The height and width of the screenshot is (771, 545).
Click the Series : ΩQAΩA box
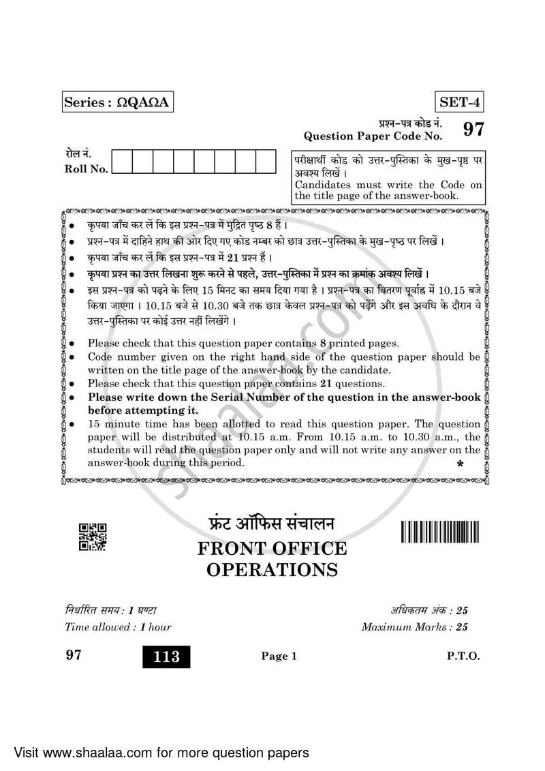115,103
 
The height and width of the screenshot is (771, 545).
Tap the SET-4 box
459,103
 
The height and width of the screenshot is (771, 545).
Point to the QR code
93,536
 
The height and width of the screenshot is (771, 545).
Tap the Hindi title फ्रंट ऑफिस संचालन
272,525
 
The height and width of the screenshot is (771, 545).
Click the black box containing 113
166,656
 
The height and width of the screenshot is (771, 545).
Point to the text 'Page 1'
279,656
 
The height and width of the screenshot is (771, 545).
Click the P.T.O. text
463,656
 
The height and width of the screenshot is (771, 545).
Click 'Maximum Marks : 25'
415,626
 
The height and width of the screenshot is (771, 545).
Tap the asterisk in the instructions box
460,465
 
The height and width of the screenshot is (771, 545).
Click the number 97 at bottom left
73,656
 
